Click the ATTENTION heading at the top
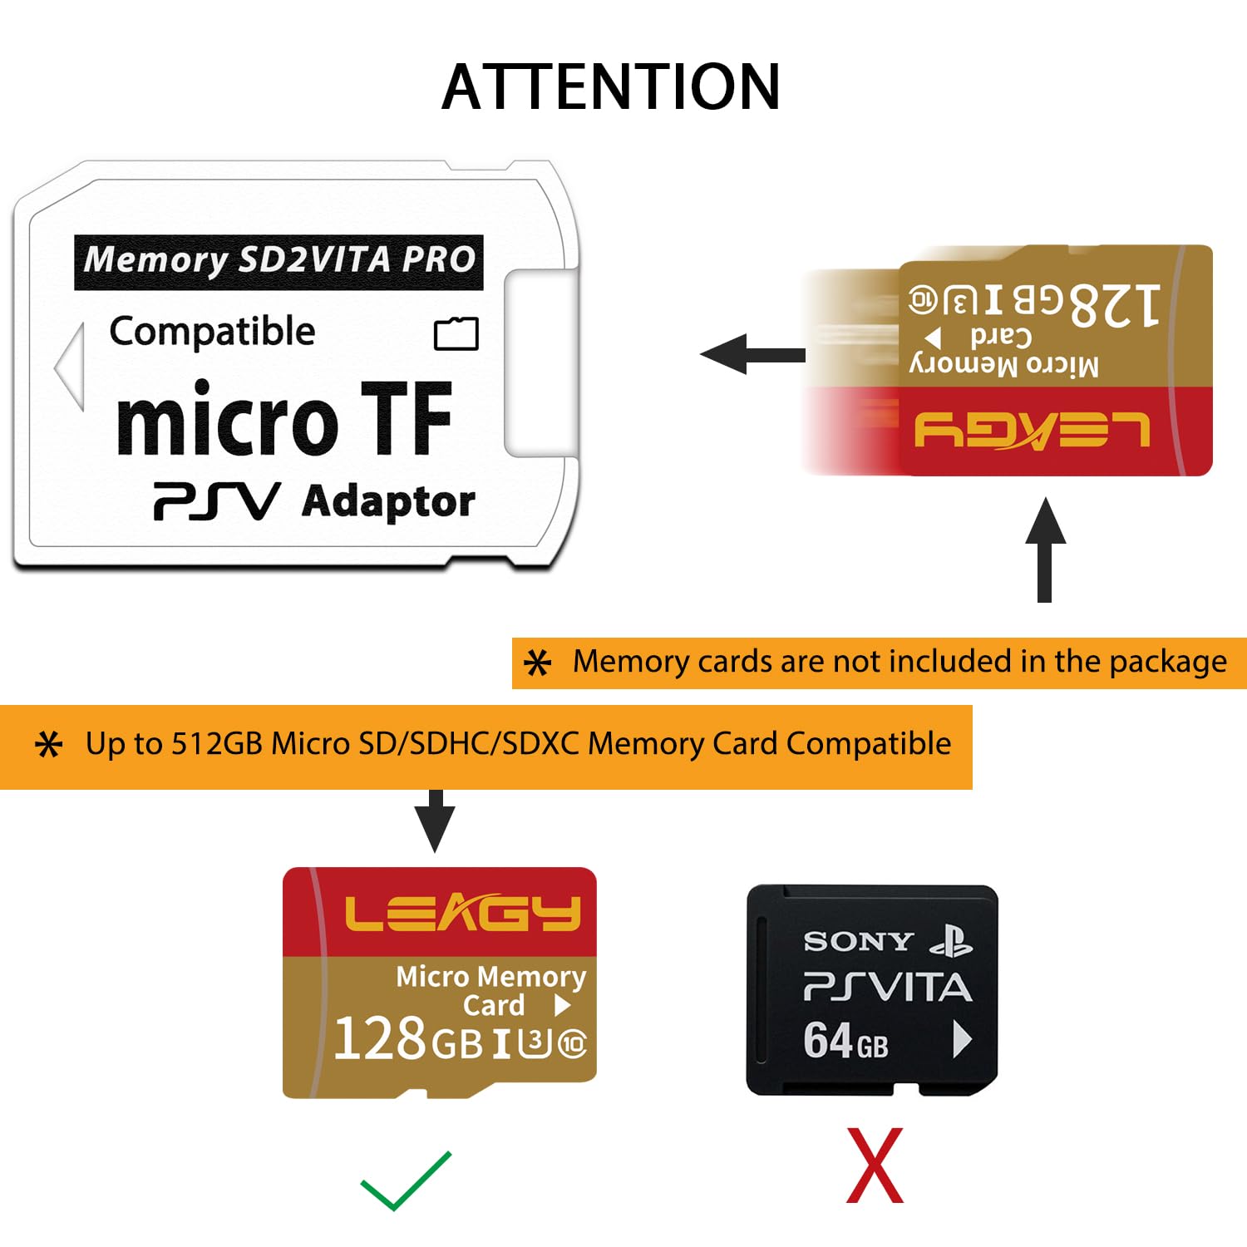coord(611,87)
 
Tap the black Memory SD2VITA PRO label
coord(278,261)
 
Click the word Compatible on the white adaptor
coord(212,332)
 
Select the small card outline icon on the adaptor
coord(456,333)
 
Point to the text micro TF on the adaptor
coord(284,420)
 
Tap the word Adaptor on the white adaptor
coord(388,502)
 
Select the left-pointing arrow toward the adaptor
coord(752,355)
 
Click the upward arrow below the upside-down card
coord(1045,548)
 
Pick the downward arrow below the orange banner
coord(435,820)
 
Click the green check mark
coord(406,1180)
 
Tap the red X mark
coord(875,1166)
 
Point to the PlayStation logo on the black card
coord(951,941)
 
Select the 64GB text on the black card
coord(845,1041)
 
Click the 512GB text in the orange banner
coord(217,744)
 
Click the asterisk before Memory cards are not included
coord(538,663)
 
